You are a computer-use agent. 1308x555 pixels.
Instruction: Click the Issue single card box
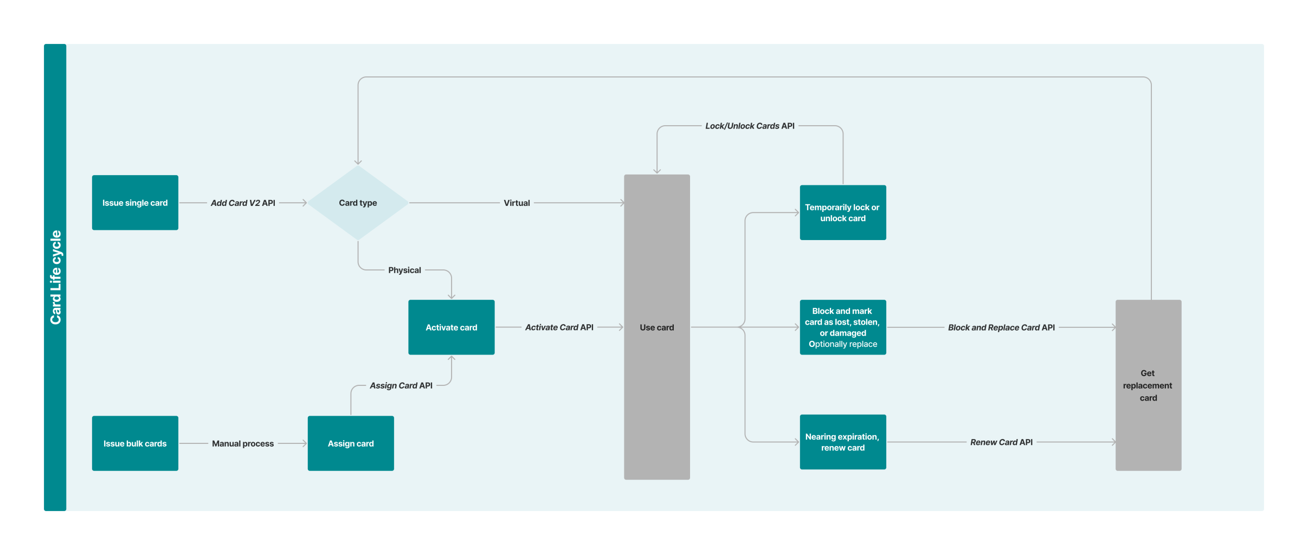coord(135,203)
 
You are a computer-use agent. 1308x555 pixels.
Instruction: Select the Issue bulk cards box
coord(135,443)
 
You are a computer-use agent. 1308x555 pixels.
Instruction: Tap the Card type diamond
coord(358,203)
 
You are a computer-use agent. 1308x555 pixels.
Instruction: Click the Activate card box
coord(451,327)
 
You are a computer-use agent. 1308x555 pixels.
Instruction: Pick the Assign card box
coord(351,443)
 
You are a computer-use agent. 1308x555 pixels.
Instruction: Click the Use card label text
coord(656,327)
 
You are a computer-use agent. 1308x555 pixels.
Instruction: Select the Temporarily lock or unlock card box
coord(842,212)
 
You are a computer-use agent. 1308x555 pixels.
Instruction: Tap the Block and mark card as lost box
coord(842,327)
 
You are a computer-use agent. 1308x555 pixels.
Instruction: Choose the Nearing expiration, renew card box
coord(842,442)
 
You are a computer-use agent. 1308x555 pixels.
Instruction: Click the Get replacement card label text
coord(1148,385)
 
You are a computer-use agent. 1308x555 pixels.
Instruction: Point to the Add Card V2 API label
coord(243,203)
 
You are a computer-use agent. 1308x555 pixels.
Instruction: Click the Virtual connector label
coord(517,203)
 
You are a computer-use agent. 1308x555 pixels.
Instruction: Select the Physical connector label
coord(404,270)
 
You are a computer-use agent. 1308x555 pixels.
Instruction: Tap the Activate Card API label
coord(559,327)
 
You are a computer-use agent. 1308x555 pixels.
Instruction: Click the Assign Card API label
coord(401,385)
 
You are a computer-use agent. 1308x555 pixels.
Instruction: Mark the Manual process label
coord(243,443)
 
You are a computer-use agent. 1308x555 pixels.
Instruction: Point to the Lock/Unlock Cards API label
coord(750,126)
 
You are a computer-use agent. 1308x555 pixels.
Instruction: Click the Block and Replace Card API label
coord(1001,327)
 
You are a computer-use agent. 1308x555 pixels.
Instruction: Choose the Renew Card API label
coord(1001,442)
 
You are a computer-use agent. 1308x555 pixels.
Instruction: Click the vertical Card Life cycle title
coord(55,277)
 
